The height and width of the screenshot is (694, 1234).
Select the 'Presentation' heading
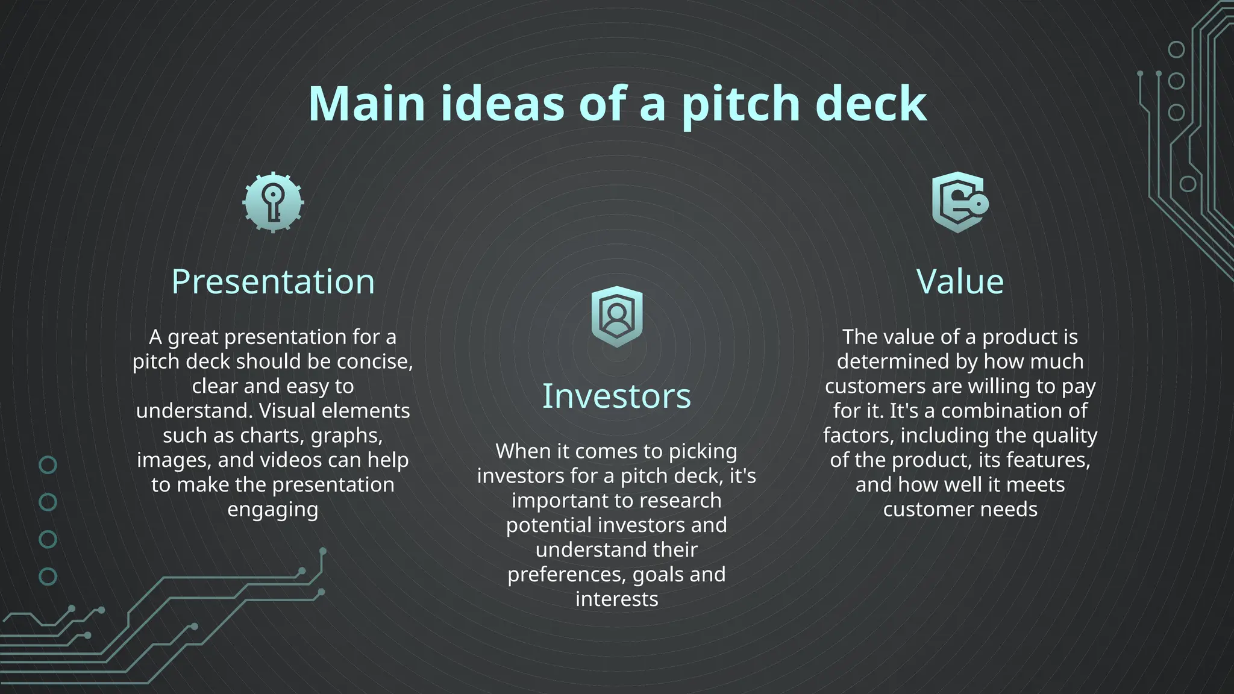273,281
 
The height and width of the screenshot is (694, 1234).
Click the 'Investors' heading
616,396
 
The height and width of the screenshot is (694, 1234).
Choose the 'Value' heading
960,281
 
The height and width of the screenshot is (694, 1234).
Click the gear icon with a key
273,202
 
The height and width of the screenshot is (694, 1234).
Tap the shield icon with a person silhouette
616,316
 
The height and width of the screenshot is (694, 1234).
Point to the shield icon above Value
959,202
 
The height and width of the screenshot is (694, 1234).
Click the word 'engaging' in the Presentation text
273,510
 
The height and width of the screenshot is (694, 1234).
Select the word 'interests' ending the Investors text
616,599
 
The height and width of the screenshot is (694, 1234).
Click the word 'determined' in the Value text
888,361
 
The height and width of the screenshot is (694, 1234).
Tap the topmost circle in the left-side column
48,464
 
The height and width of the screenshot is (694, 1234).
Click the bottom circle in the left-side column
48,577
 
